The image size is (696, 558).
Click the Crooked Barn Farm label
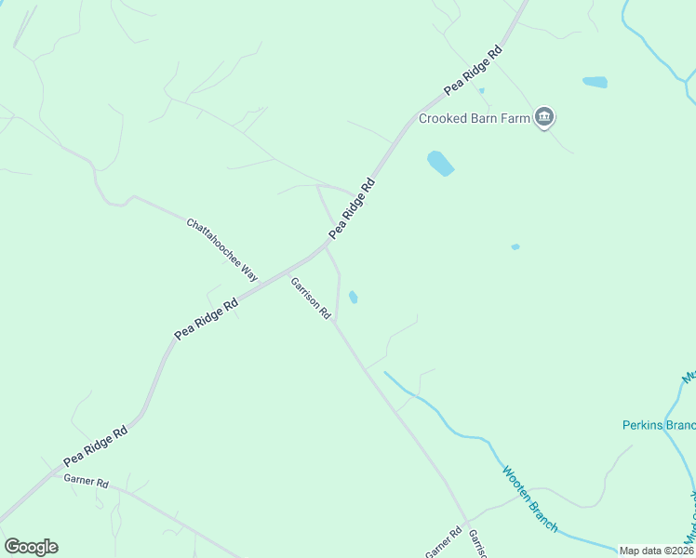coord(474,118)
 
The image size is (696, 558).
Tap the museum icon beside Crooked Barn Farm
coord(545,117)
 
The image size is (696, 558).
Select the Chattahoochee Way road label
coord(221,249)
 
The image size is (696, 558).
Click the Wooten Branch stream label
coord(530,498)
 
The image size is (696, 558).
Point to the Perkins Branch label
coord(658,425)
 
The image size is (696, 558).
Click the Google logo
coord(31,547)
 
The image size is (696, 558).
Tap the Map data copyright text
coord(656,551)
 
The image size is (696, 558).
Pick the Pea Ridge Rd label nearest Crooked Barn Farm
coord(473,70)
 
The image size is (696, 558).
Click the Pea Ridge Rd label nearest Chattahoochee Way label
coord(351,209)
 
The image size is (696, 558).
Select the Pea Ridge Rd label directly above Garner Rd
coord(95,447)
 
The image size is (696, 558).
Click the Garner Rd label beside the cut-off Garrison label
coord(444,543)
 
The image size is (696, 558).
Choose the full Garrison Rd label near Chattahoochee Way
coord(311,299)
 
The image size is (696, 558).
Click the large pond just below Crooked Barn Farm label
coord(440,164)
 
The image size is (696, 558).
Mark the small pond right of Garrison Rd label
coord(354,298)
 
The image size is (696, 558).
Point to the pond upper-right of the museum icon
coord(595,82)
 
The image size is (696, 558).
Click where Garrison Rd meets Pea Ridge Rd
coord(327,246)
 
